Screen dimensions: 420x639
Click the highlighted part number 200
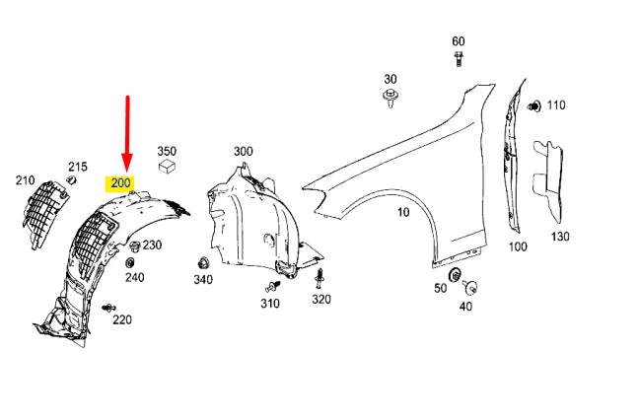(120, 183)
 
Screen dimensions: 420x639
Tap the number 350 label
(167, 152)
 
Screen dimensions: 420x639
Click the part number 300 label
(243, 151)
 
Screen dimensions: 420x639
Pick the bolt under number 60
(459, 61)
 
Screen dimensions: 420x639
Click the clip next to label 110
(534, 105)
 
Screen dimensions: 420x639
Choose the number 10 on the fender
(403, 212)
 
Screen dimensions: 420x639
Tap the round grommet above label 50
(456, 273)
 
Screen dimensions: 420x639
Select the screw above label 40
(470, 288)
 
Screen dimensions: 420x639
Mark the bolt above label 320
(320, 276)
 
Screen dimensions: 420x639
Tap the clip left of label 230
(134, 245)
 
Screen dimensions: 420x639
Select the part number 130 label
(560, 237)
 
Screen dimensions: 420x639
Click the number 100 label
(518, 246)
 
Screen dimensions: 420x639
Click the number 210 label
(25, 180)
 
